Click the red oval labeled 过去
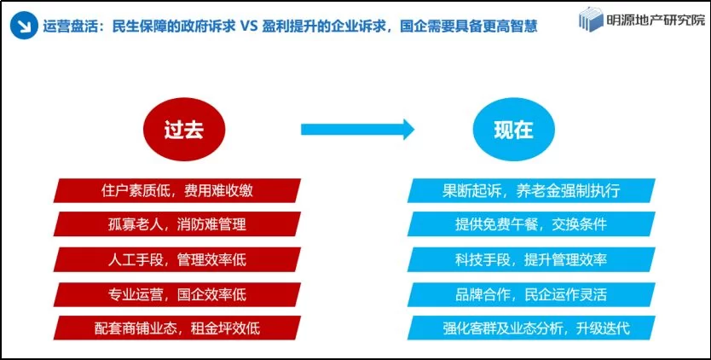pyautogui.click(x=183, y=131)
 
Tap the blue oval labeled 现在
pyautogui.click(x=513, y=131)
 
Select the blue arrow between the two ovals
pyautogui.click(x=357, y=130)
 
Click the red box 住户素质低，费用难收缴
pyautogui.click(x=176, y=191)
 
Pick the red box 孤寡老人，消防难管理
pyautogui.click(x=176, y=224)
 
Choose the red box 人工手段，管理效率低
pyautogui.click(x=176, y=259)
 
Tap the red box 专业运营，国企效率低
pyautogui.click(x=176, y=294)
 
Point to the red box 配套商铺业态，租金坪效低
pyautogui.click(x=176, y=328)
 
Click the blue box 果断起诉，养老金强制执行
pyautogui.click(x=531, y=191)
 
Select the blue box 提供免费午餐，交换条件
pyautogui.click(x=531, y=224)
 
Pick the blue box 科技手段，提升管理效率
pyautogui.click(x=531, y=259)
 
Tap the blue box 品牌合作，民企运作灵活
pyautogui.click(x=531, y=294)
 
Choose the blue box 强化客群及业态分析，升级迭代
pyautogui.click(x=531, y=328)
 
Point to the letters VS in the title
pyautogui.click(x=248, y=26)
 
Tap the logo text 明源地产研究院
pyautogui.click(x=656, y=20)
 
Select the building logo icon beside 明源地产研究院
pyautogui.click(x=592, y=20)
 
